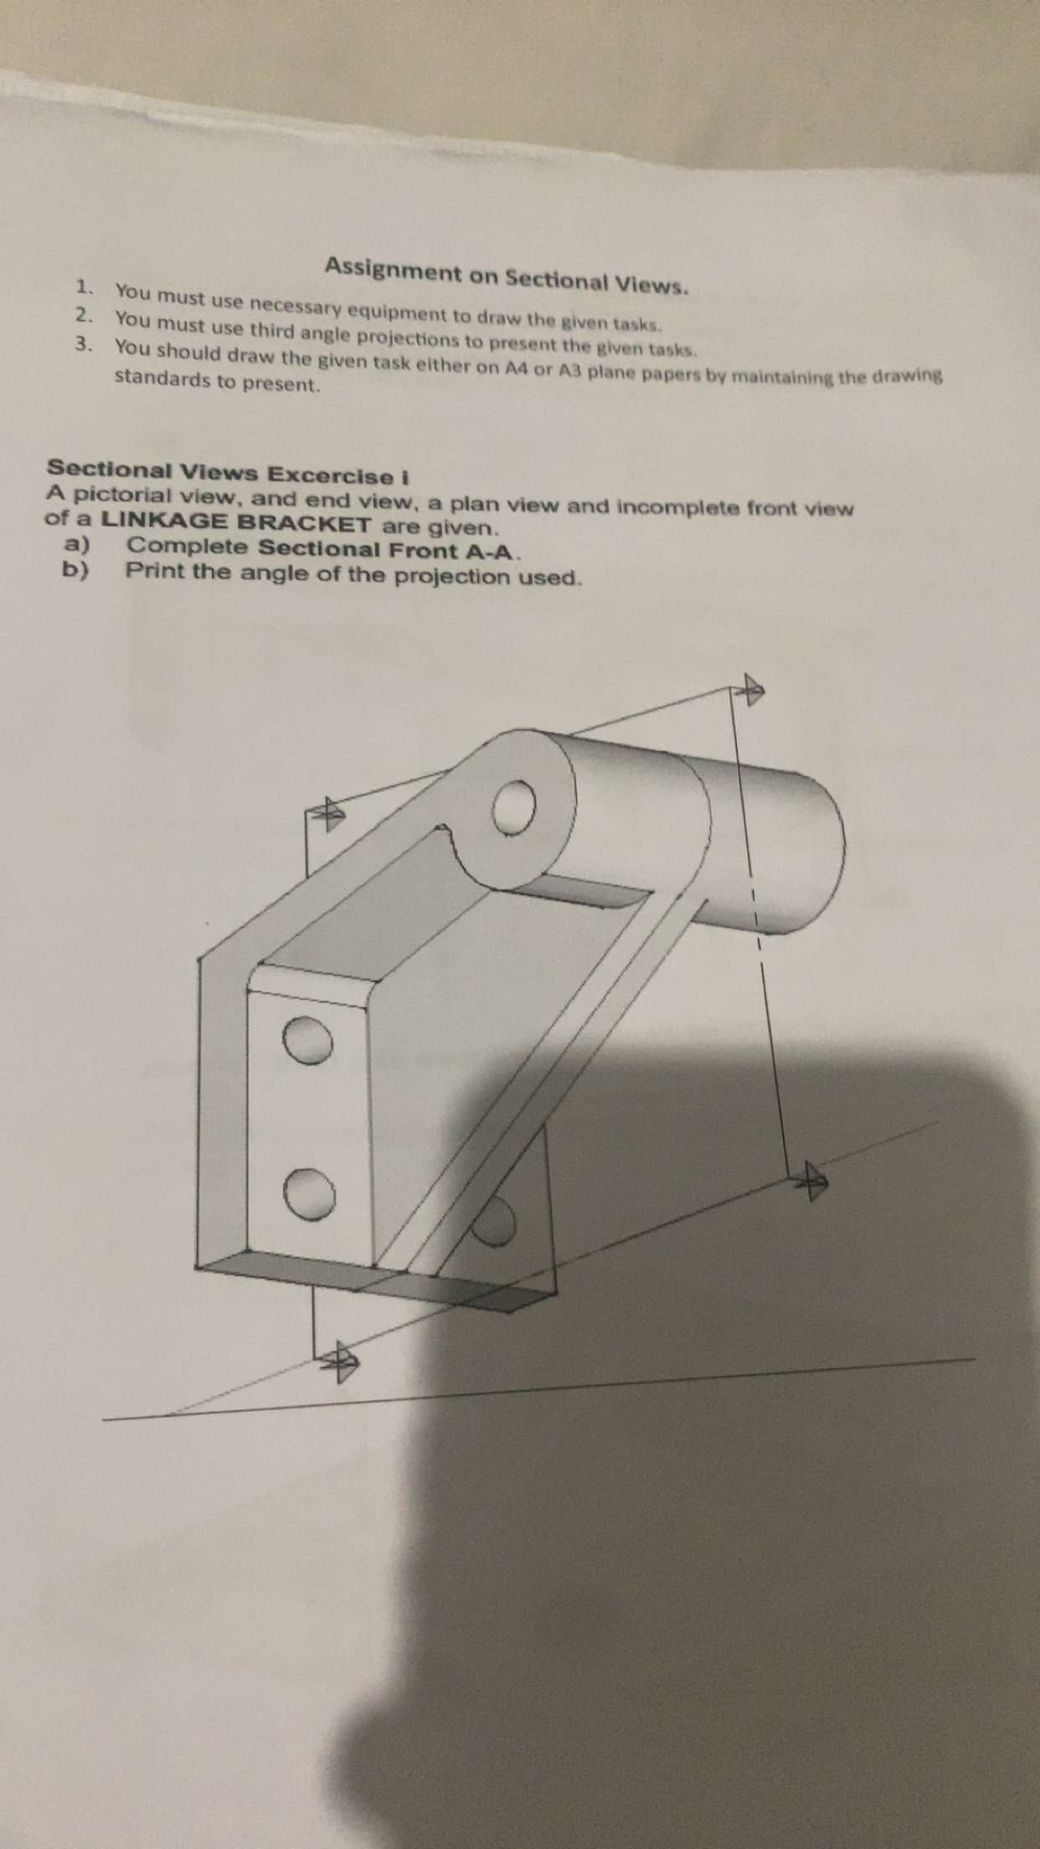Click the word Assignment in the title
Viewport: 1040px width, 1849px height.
[393, 270]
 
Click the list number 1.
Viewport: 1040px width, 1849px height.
[83, 288]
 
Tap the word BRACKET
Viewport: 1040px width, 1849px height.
[304, 524]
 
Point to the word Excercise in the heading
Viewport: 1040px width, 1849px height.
[334, 476]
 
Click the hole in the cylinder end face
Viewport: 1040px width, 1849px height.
[513, 808]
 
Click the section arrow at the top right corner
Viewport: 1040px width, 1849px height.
[750, 690]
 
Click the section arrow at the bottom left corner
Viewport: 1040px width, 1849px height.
[342, 1362]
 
